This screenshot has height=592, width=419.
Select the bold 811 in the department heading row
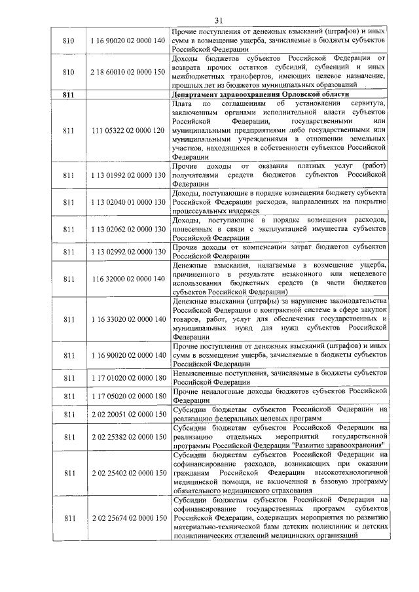pos(67,96)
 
